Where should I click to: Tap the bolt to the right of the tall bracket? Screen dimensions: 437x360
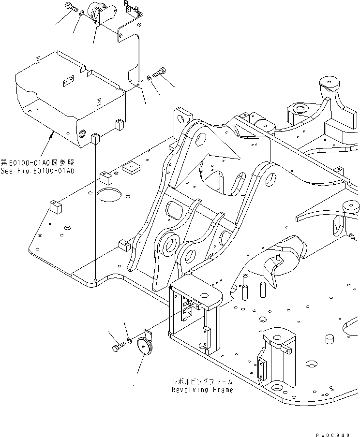click(x=159, y=73)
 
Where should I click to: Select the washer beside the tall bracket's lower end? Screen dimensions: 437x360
click(x=148, y=78)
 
